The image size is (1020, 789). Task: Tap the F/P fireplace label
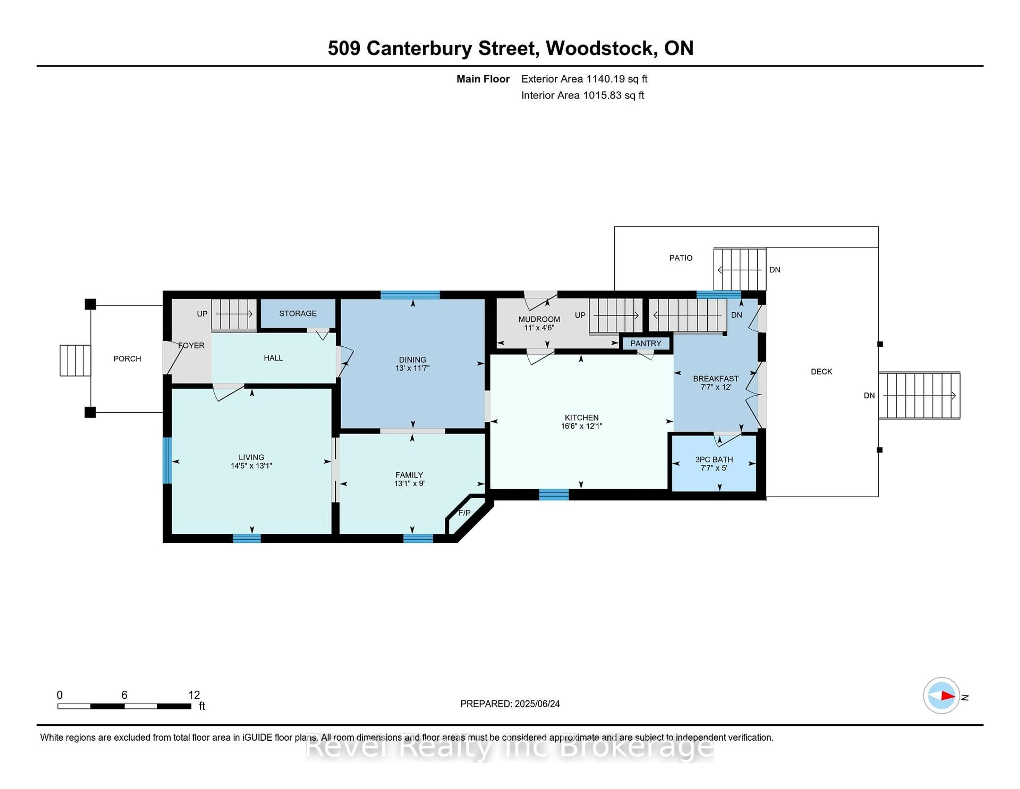click(x=464, y=513)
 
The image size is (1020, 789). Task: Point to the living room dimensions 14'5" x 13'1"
click(x=251, y=465)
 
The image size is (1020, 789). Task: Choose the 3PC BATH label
click(x=714, y=459)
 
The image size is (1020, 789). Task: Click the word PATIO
click(x=681, y=258)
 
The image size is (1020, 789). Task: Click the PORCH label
click(x=127, y=359)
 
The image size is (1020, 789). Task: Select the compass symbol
click(x=941, y=695)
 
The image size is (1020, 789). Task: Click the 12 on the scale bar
click(x=194, y=695)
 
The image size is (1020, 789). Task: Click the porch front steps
click(x=75, y=360)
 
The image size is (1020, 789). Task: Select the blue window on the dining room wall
click(x=410, y=295)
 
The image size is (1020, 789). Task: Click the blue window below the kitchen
click(x=554, y=494)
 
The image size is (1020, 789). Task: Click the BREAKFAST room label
click(x=716, y=379)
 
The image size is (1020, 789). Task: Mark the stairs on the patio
click(x=739, y=270)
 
